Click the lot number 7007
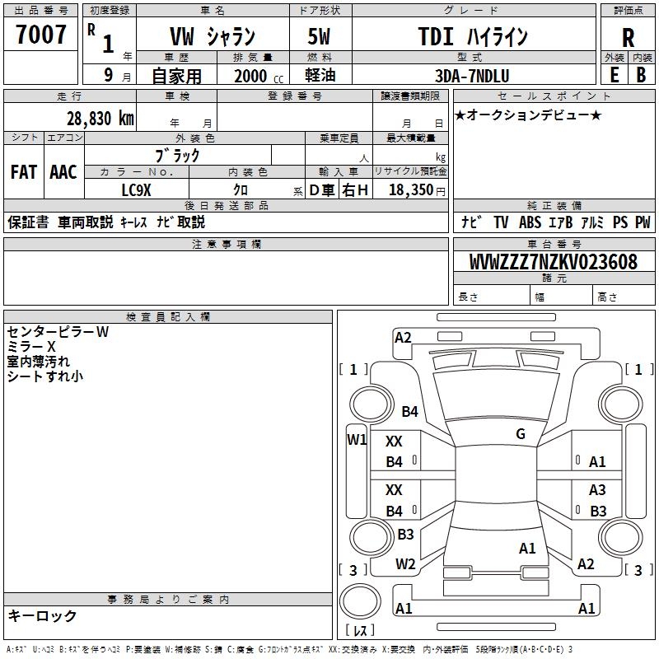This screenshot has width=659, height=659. tap(41, 35)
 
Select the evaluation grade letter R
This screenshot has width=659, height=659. tap(628, 38)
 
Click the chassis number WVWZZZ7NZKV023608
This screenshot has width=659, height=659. tap(554, 263)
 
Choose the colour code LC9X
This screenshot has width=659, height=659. tap(137, 189)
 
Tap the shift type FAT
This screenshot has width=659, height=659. tap(24, 172)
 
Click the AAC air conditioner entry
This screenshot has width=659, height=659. tap(63, 172)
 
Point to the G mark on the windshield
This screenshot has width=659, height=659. tap(520, 433)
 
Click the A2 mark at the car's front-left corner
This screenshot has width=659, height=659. tap(403, 337)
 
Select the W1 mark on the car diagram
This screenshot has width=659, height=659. tap(356, 440)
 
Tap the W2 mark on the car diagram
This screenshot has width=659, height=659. tap(405, 564)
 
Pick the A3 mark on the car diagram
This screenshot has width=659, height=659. tap(597, 490)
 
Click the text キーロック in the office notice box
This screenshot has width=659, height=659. tap(42, 615)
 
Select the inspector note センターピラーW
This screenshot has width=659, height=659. tap(58, 332)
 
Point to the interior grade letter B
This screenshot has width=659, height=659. tap(641, 74)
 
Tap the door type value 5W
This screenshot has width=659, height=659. tap(320, 37)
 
